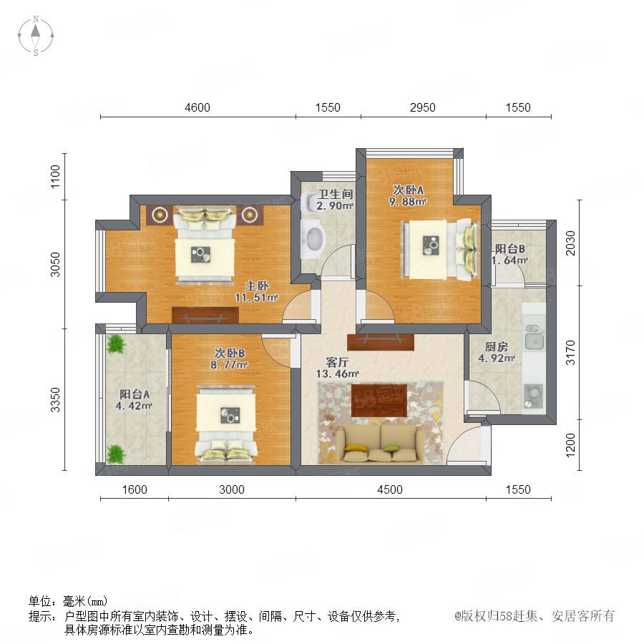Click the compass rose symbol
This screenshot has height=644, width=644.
36,35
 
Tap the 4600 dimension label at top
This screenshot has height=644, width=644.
197,107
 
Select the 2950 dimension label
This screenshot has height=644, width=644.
422,107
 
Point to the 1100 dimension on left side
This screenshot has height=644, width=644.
55,177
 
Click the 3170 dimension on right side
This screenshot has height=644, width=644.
570,352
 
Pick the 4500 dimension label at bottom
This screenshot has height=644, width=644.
390,489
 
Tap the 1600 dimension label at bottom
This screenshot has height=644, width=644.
135,489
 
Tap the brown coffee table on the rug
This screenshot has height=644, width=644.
379,401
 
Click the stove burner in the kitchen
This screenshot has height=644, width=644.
533,396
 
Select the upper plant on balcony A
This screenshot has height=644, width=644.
116,344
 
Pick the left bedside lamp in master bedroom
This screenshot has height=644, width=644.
160,215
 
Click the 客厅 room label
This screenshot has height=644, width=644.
337,362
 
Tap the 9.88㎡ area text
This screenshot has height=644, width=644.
408,201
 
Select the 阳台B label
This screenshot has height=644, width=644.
509,248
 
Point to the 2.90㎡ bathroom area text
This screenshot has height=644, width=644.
335,205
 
